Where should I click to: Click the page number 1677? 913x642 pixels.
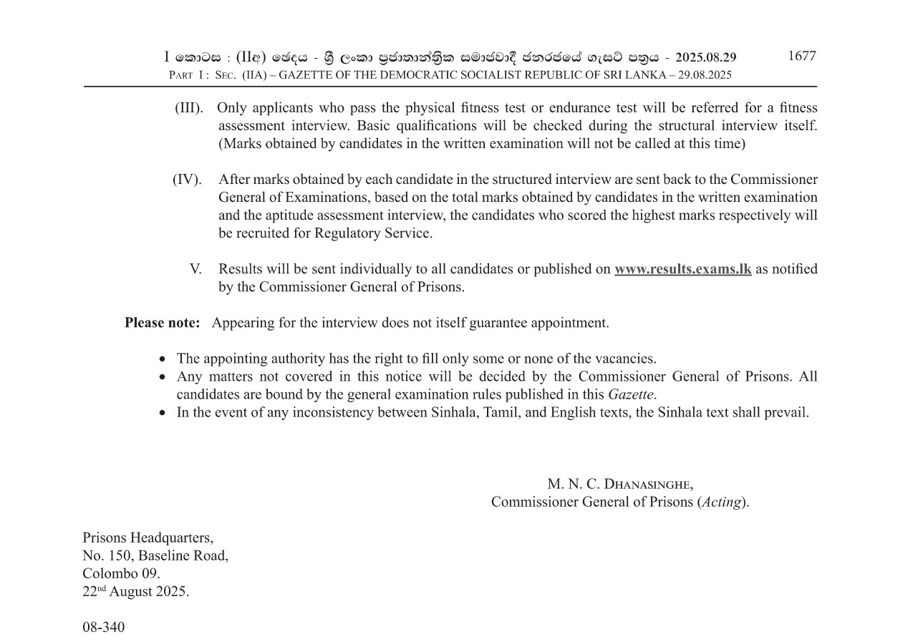point(801,57)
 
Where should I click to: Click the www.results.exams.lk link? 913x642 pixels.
point(682,269)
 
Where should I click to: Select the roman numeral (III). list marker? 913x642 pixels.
point(189,108)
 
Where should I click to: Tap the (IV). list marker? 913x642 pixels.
point(187,180)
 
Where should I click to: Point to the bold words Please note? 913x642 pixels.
point(163,323)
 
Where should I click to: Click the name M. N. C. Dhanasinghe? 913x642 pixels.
point(620,484)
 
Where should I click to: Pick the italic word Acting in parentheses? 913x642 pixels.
point(721,502)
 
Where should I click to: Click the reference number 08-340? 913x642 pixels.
point(103,628)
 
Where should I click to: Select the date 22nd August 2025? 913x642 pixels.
point(136,592)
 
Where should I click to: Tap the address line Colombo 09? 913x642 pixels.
point(121,573)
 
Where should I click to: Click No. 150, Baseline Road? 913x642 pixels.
point(155,555)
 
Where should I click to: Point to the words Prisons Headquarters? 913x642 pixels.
point(148,538)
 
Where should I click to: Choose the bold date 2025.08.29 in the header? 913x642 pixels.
point(705,57)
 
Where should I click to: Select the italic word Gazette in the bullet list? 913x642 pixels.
point(630,394)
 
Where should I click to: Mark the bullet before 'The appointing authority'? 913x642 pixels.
point(163,359)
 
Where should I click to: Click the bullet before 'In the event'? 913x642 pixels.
point(163,413)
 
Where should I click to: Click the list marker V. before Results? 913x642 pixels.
point(195,269)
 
